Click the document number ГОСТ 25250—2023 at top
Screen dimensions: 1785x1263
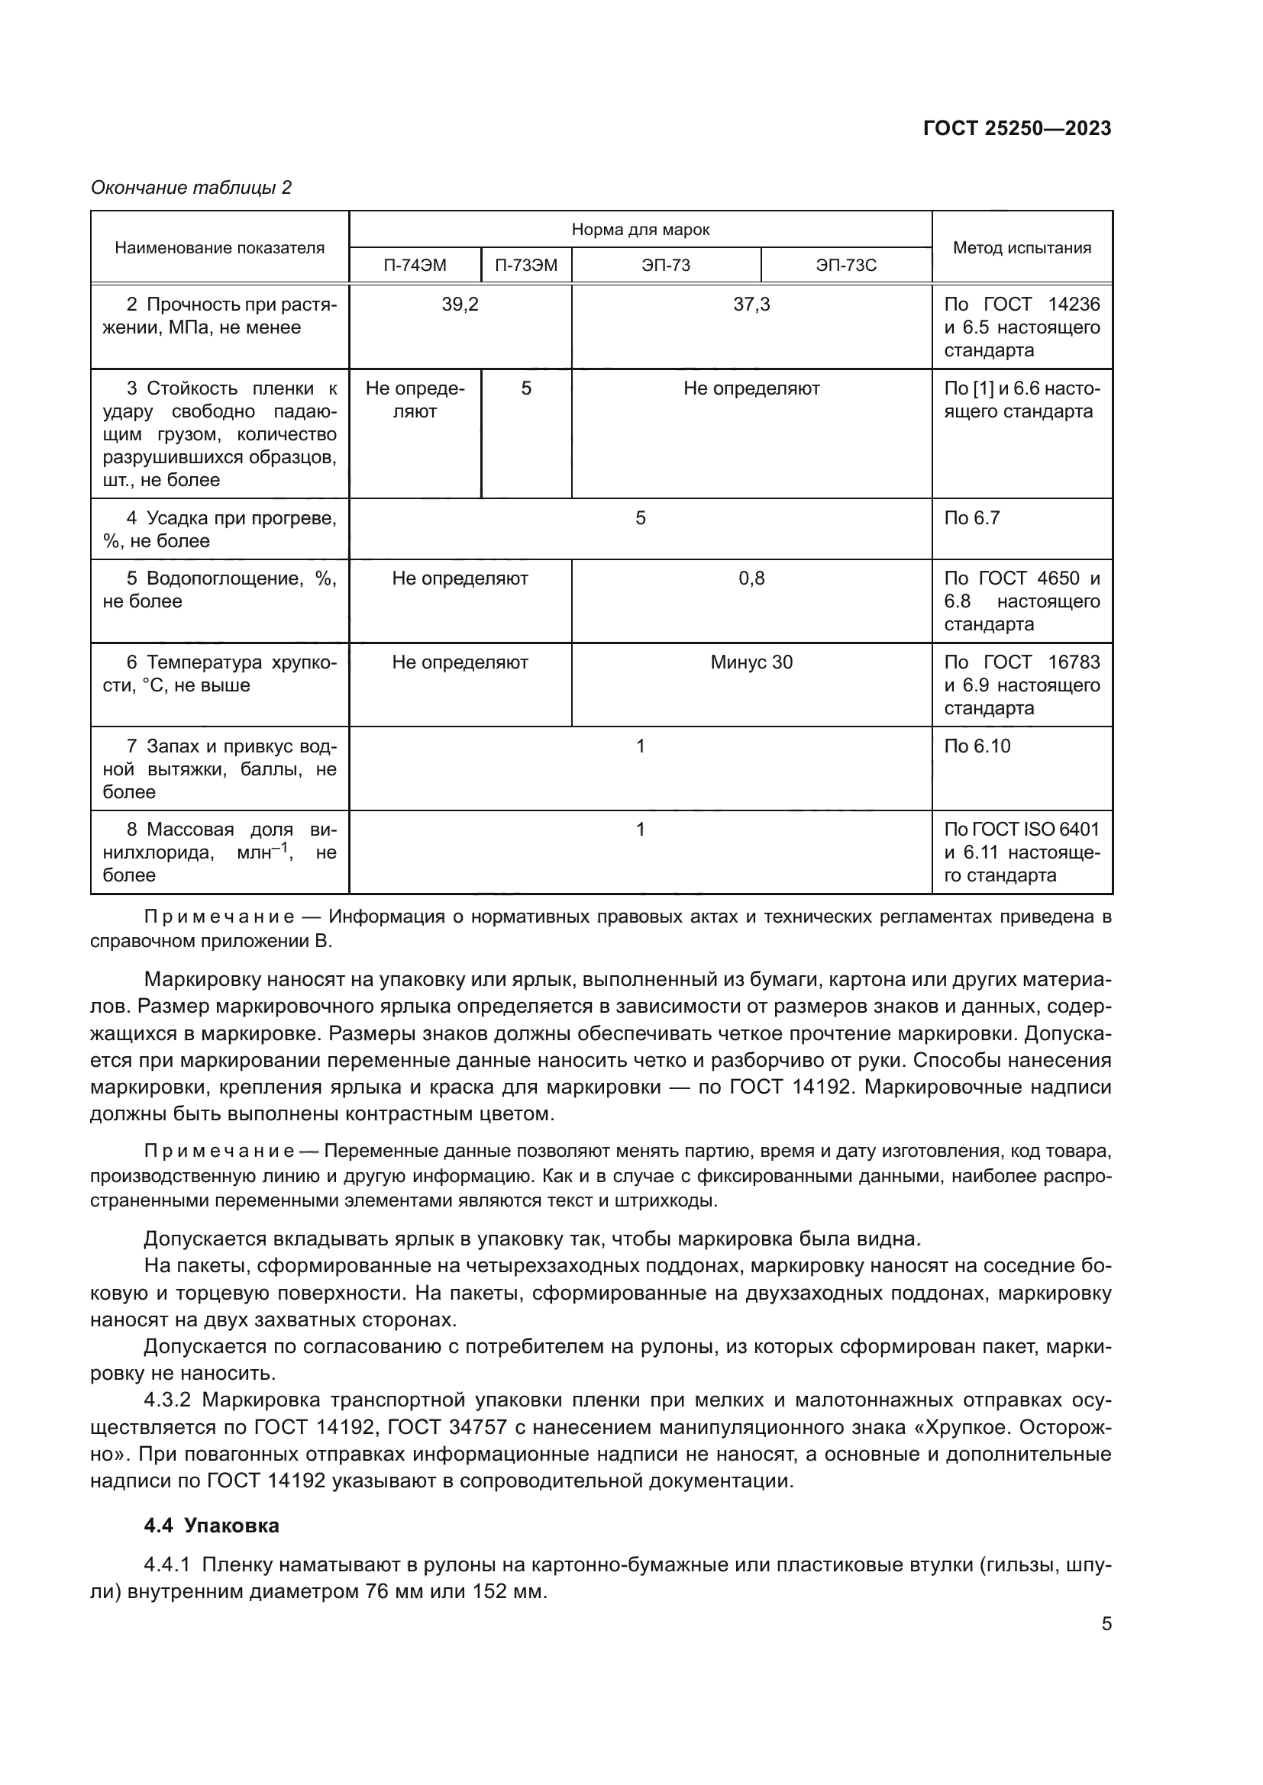1016,129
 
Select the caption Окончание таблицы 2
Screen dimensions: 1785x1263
192,188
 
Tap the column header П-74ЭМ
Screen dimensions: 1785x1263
415,265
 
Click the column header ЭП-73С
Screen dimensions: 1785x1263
846,265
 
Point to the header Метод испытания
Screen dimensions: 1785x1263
1022,248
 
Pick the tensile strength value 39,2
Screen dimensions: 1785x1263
460,304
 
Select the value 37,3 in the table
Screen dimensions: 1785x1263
751,304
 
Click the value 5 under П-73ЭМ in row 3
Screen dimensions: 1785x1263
525,388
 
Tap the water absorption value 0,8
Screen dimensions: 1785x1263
751,578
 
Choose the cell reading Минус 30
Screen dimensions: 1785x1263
751,662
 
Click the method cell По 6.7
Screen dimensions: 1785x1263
971,517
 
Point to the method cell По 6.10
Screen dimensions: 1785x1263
977,746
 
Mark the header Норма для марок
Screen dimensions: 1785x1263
640,230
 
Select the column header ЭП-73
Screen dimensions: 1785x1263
666,265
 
